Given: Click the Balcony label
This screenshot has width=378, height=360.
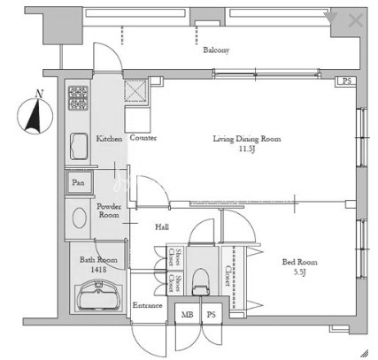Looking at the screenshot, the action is [216, 50].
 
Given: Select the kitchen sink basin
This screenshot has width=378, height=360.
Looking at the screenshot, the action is [79, 147].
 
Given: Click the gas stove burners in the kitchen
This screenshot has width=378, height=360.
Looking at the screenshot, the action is [78, 98].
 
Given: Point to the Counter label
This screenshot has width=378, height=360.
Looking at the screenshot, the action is [143, 138].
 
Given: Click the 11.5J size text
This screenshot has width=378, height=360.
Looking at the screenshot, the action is [247, 149].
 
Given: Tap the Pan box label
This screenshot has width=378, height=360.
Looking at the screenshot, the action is [78, 183].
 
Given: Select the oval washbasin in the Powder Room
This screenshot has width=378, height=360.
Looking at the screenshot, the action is [80, 218].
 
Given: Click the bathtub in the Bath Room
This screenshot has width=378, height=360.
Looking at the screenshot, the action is [99, 296].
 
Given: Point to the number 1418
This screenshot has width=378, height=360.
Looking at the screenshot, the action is [98, 269].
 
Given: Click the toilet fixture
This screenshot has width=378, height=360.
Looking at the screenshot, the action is [201, 282].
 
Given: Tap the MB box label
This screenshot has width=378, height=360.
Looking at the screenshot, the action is [187, 315].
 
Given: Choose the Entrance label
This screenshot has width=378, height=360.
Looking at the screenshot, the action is [147, 305].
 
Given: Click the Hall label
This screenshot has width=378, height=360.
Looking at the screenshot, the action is [162, 226].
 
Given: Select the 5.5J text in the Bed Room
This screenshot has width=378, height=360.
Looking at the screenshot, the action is [299, 272].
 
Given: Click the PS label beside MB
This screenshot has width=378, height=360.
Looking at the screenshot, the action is [212, 315].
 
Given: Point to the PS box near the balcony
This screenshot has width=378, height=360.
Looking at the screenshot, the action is [345, 81].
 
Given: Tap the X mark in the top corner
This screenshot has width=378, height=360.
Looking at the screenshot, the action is [356, 20].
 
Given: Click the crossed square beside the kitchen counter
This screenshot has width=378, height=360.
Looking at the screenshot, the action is [135, 91].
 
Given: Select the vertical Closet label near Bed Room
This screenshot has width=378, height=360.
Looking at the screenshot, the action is [228, 276].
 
